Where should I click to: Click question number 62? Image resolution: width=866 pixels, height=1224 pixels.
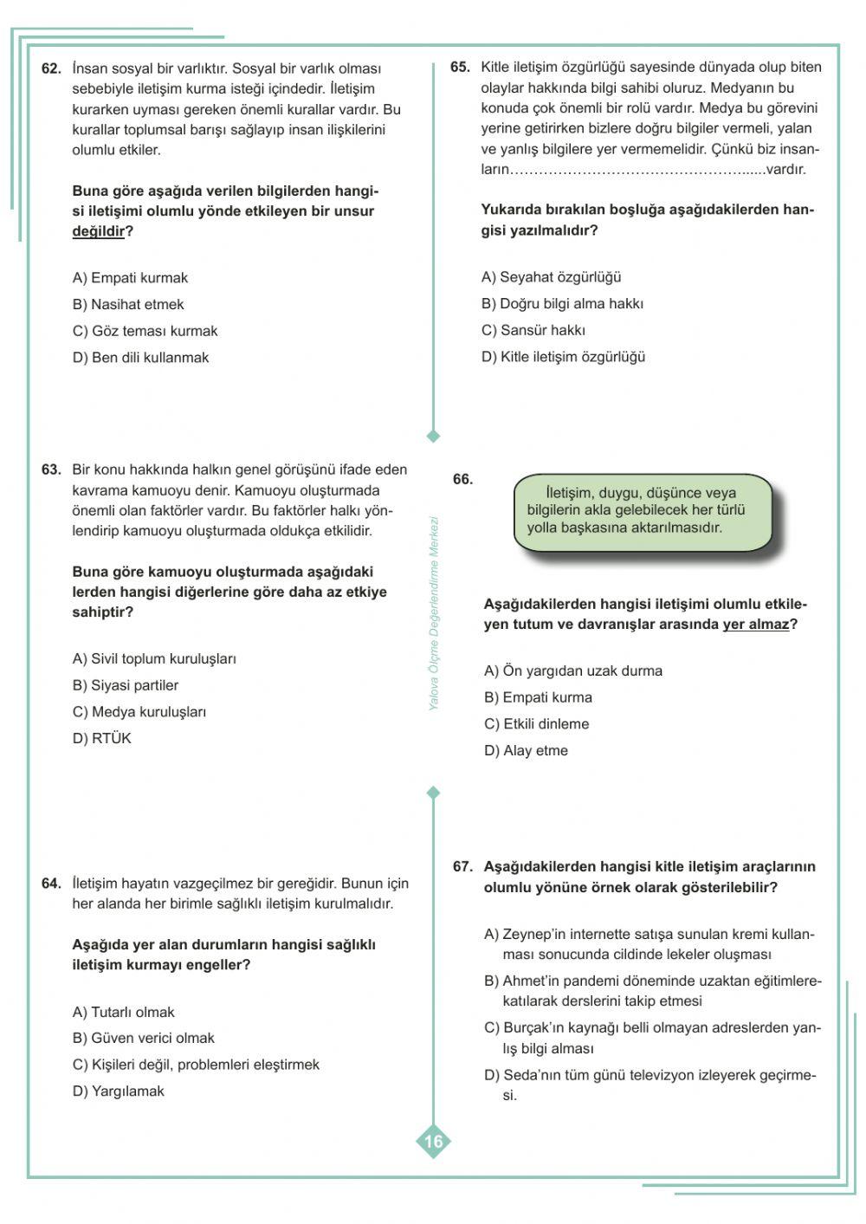pyautogui.click(x=51, y=68)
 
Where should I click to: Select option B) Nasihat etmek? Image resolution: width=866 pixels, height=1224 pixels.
pyautogui.click(x=128, y=304)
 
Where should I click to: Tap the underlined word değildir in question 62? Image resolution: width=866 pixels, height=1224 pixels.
pyautogui.click(x=98, y=231)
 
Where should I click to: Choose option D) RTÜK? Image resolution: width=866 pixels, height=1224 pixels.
pyautogui.click(x=102, y=738)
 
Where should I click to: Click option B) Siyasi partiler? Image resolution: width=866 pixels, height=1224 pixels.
pyautogui.click(x=126, y=685)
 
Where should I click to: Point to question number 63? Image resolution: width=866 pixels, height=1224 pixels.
pyautogui.click(x=51, y=470)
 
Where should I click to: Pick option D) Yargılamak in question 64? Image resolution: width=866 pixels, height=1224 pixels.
pyautogui.click(x=119, y=1091)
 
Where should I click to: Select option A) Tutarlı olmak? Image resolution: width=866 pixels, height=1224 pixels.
pyautogui.click(x=124, y=1012)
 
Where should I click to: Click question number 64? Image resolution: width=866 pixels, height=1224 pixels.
pyautogui.click(x=51, y=884)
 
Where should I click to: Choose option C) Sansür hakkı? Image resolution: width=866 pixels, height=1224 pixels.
pyautogui.click(x=533, y=330)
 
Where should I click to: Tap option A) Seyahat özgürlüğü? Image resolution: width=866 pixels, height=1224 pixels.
pyautogui.click(x=552, y=277)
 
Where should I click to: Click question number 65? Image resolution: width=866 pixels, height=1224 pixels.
pyautogui.click(x=460, y=68)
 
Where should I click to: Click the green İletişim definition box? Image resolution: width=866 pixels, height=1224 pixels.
pyautogui.click(x=642, y=511)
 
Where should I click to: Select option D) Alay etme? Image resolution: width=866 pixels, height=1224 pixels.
pyautogui.click(x=527, y=750)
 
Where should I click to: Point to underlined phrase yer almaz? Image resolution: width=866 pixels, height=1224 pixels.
pyautogui.click(x=756, y=625)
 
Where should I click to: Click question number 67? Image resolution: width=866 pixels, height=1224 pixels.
pyautogui.click(x=462, y=867)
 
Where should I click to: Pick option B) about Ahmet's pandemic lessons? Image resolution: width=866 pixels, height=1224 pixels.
pyautogui.click(x=652, y=990)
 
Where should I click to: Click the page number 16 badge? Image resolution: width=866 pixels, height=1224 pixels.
pyautogui.click(x=434, y=1142)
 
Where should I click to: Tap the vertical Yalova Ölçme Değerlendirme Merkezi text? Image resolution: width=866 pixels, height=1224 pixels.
pyautogui.click(x=434, y=613)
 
